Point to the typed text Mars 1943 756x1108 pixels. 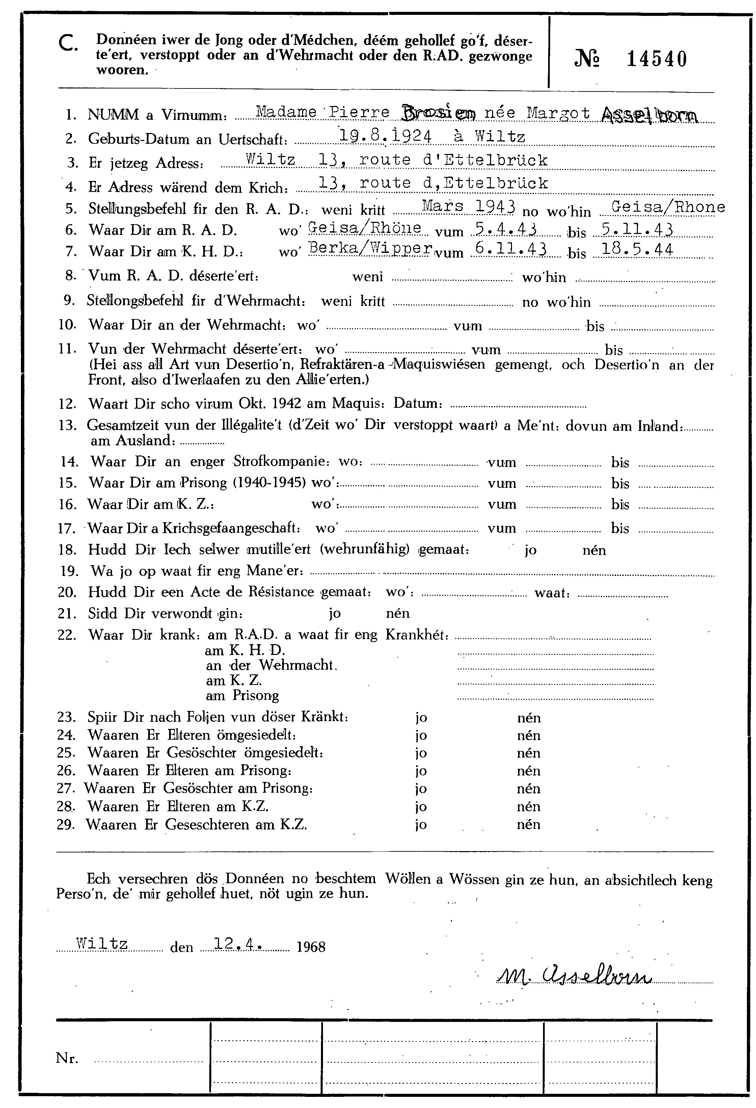coord(468,206)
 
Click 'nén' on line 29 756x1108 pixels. coord(529,824)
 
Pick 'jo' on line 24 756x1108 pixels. coord(421,735)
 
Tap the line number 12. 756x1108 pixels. coord(68,404)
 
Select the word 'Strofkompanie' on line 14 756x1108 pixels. coord(280,461)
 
